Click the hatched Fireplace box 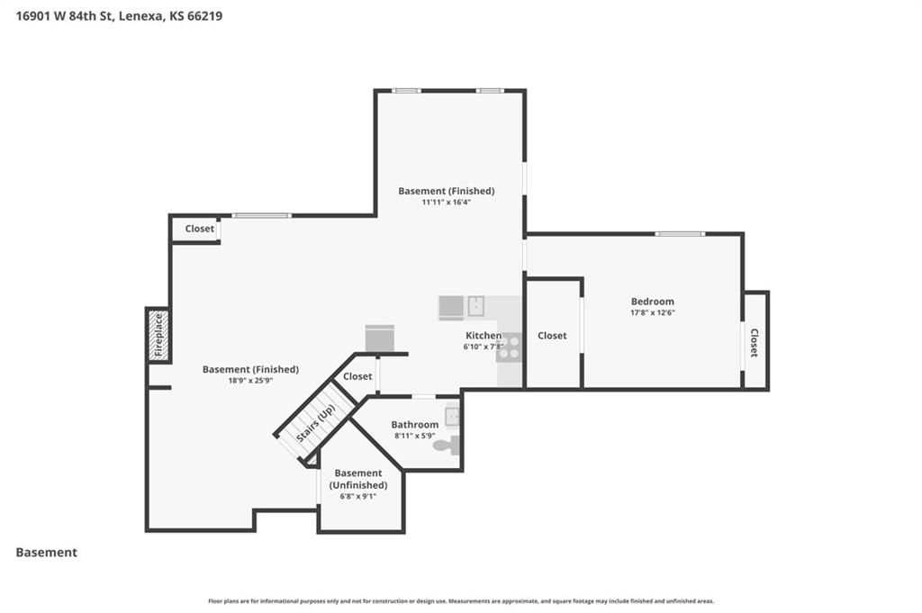(x=158, y=336)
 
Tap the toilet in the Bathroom (x=447, y=445)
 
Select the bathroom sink (x=452, y=417)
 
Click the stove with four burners (x=509, y=347)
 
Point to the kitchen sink (x=475, y=306)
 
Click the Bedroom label (x=653, y=302)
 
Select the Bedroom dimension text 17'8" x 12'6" (x=653, y=312)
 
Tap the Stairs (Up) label (x=316, y=423)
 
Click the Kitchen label (x=484, y=336)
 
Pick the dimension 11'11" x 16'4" (x=447, y=203)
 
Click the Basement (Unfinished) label (x=358, y=479)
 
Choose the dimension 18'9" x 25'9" (x=250, y=381)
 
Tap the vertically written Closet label (x=754, y=343)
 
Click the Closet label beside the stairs (x=357, y=376)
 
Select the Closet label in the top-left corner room (x=200, y=229)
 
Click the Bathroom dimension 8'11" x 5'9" (x=414, y=436)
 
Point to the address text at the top (x=120, y=16)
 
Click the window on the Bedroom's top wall (x=680, y=234)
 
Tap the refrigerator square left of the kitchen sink (x=451, y=307)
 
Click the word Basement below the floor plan (x=47, y=553)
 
